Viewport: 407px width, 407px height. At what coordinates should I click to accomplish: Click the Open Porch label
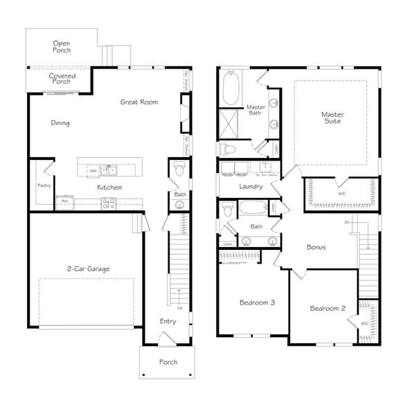click(x=62, y=46)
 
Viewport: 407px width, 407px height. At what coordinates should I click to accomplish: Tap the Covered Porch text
click(x=63, y=78)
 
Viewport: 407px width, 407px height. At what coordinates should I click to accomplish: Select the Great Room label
click(x=139, y=102)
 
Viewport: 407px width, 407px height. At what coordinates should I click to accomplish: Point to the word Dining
click(x=60, y=123)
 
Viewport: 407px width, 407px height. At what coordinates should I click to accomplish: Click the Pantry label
click(x=43, y=186)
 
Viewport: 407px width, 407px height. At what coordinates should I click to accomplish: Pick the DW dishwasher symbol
click(x=92, y=170)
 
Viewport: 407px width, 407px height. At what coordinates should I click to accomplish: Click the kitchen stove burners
click(x=108, y=203)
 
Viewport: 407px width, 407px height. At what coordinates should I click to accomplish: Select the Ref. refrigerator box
click(x=65, y=201)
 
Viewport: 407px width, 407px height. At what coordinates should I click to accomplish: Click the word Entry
click(x=168, y=321)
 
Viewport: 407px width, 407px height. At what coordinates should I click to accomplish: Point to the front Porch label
click(x=168, y=362)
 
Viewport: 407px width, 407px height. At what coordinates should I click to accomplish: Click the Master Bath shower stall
click(x=230, y=121)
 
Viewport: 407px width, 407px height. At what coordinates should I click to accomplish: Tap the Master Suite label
click(x=332, y=118)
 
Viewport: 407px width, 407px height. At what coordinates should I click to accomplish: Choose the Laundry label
click(x=250, y=186)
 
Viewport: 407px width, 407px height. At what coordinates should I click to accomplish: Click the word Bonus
click(x=316, y=246)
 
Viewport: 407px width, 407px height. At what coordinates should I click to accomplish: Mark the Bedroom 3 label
click(x=257, y=302)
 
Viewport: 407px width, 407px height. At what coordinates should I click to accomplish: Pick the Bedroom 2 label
click(x=327, y=308)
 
